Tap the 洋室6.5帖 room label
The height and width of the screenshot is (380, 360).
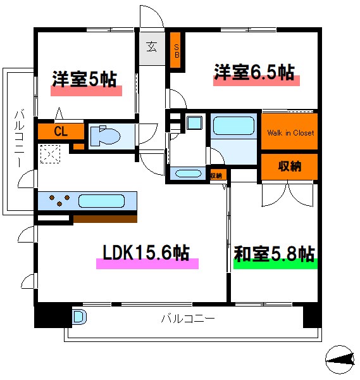(x=254, y=72)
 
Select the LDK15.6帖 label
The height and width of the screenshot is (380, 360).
(x=146, y=253)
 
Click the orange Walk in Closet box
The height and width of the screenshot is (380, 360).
(x=290, y=133)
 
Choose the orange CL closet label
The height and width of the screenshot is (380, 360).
(x=61, y=132)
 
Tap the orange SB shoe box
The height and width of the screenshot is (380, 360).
(x=177, y=50)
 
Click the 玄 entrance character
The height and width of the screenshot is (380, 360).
(x=152, y=46)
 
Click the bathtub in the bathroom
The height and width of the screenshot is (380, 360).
(x=233, y=125)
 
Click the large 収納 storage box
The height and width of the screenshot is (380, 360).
(x=290, y=167)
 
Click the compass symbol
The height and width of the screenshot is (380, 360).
(x=341, y=362)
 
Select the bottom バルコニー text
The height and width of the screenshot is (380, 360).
(x=187, y=318)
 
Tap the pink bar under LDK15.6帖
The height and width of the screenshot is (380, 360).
(x=147, y=264)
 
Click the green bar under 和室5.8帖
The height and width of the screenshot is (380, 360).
(x=275, y=265)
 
